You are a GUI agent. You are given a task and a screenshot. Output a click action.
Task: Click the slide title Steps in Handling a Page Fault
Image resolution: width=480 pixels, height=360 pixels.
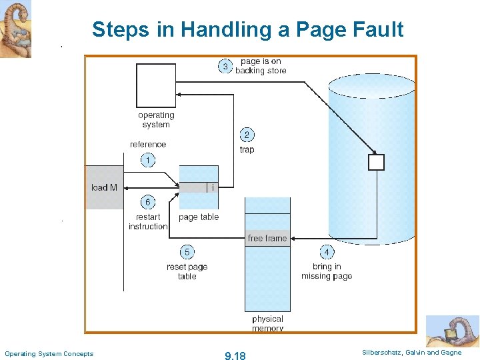click(x=247, y=29)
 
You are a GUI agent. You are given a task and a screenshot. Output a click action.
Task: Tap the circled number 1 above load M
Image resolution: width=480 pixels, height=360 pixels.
click(x=148, y=160)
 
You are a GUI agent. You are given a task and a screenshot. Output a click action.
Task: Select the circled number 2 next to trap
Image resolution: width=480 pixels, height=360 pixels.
click(x=247, y=135)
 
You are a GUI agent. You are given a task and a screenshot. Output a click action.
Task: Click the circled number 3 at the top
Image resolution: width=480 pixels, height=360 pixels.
click(x=225, y=66)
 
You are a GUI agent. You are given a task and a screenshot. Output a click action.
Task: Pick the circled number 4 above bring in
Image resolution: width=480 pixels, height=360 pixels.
click(x=327, y=252)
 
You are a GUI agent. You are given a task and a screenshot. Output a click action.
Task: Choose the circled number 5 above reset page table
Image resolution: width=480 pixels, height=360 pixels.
click(x=187, y=252)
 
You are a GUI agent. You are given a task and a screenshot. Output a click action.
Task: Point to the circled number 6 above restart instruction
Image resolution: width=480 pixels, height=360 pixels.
click(x=148, y=202)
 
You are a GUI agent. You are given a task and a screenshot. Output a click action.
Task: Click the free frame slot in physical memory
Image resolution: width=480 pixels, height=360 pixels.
click(x=267, y=238)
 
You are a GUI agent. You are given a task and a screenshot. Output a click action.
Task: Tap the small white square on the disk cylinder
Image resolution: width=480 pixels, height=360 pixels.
click(x=377, y=162)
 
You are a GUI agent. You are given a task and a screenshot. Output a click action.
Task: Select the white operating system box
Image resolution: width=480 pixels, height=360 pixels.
click(x=156, y=85)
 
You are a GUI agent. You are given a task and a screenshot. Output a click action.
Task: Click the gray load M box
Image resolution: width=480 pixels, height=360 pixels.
click(x=105, y=187)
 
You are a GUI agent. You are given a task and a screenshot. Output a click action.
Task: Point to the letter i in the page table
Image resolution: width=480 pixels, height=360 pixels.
click(x=213, y=187)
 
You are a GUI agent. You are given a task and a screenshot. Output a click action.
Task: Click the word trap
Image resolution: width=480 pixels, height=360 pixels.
click(x=247, y=149)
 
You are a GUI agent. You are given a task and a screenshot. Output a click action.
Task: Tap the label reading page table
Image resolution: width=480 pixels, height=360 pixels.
click(x=199, y=217)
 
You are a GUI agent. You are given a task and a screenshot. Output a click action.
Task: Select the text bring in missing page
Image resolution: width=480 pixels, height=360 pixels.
click(x=327, y=271)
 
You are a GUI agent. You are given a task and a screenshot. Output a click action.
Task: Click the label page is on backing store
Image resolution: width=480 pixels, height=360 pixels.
click(x=261, y=66)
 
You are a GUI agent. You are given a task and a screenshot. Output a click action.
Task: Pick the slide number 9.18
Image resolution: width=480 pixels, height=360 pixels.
click(x=235, y=355)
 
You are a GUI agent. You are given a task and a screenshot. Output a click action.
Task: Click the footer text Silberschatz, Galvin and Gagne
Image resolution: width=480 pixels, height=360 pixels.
click(x=411, y=353)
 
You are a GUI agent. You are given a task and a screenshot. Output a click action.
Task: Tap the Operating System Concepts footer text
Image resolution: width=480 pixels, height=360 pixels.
click(x=49, y=353)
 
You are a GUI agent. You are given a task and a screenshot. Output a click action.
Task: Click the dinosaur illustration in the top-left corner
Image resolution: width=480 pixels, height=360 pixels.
click(x=15, y=29)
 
